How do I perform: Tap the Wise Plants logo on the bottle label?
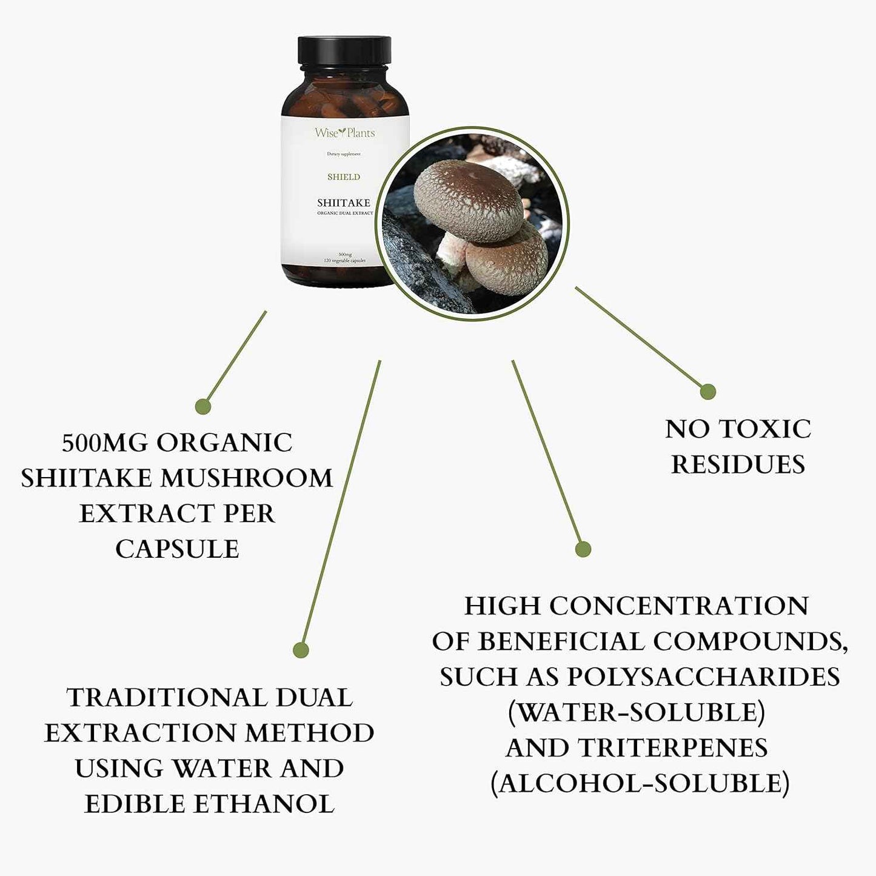pyautogui.click(x=344, y=132)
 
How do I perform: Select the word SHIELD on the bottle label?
pyautogui.click(x=344, y=177)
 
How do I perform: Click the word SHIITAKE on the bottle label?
pyautogui.click(x=344, y=203)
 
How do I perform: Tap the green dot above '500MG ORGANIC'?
pyautogui.click(x=203, y=406)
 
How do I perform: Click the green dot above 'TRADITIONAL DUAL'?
pyautogui.click(x=301, y=650)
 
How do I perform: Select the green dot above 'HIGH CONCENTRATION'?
pyautogui.click(x=583, y=549)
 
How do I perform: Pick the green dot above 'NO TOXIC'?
pyautogui.click(x=707, y=392)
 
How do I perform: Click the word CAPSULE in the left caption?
pyautogui.click(x=177, y=549)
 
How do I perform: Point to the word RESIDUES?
pyautogui.click(x=738, y=465)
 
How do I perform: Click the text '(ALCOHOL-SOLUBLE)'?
pyautogui.click(x=640, y=783)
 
